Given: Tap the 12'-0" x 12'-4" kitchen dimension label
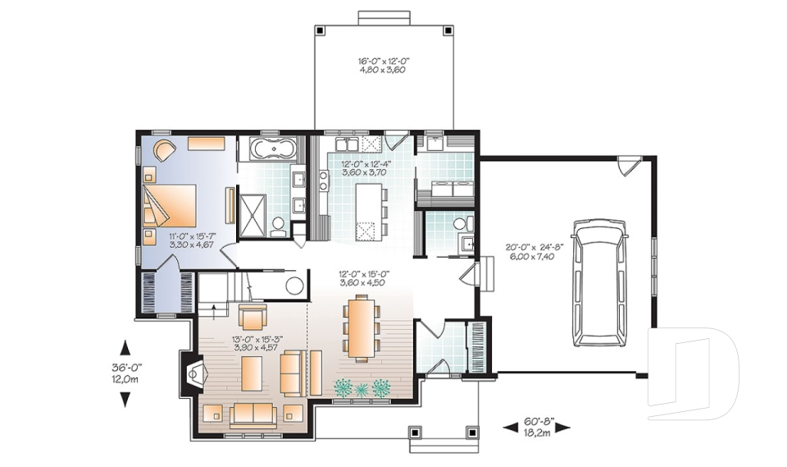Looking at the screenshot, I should tap(366, 168).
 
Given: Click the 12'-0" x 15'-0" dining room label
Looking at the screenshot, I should tap(364, 278).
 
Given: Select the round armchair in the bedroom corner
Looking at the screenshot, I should tap(163, 150).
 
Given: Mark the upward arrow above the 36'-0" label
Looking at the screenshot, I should tap(125, 346).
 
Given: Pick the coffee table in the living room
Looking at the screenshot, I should tap(252, 373).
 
